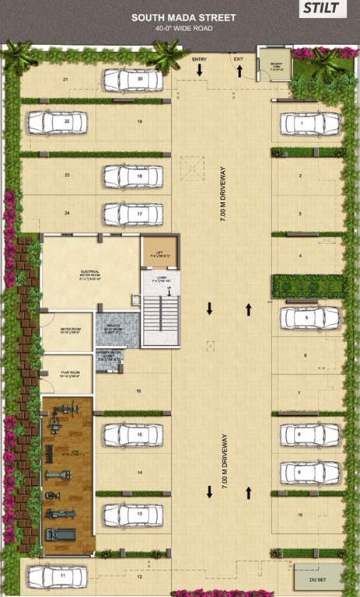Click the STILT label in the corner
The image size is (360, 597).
(x=321, y=9)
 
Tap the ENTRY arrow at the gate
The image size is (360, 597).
(x=200, y=70)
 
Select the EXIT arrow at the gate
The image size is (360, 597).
(x=239, y=70)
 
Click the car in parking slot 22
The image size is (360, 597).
(x=56, y=122)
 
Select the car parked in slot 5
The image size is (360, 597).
(x=310, y=317)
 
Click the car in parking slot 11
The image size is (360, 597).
(x=56, y=577)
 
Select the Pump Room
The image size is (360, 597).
(x=66, y=373)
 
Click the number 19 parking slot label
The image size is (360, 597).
(x=138, y=123)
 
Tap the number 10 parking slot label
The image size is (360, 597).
(x=299, y=515)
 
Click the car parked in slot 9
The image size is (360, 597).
(x=310, y=472)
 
